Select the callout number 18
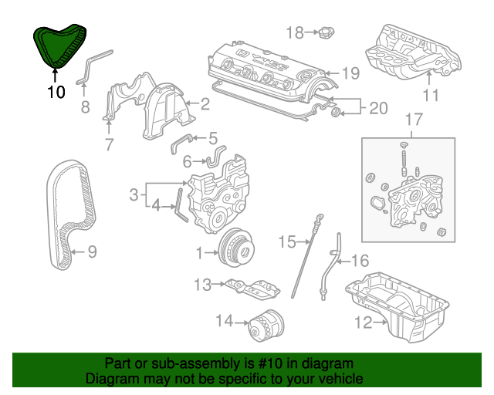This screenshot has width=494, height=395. (295, 32)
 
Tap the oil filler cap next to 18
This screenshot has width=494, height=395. (327, 32)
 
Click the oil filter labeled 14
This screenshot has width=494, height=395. (266, 326)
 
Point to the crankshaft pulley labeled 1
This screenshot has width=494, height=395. (236, 248)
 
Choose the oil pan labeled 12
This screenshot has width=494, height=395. (398, 307)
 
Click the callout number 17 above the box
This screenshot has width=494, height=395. (414, 120)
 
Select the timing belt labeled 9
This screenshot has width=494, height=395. (70, 214)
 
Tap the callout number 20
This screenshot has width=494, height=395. (378, 108)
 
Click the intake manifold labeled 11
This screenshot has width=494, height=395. (413, 52)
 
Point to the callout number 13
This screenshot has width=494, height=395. (202, 285)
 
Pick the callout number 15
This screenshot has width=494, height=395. (287, 242)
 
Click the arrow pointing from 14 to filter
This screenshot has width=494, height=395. (242, 323)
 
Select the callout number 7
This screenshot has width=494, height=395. (109, 144)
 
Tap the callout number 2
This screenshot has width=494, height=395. (205, 104)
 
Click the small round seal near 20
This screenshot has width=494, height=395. (337, 112)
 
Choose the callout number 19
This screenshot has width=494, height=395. (350, 73)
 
